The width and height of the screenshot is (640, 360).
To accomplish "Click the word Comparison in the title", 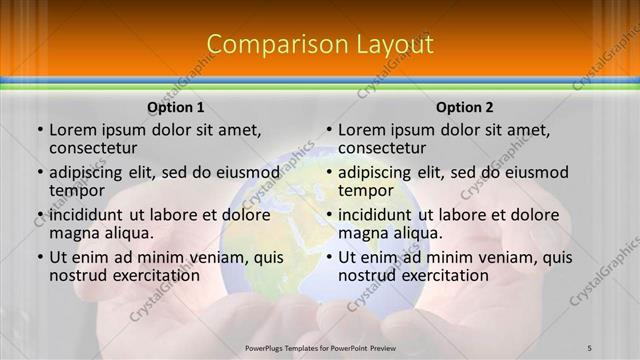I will tap(269, 45).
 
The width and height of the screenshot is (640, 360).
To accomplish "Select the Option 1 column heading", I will tap(176, 107).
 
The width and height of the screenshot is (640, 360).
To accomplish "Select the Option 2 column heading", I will tap(465, 107).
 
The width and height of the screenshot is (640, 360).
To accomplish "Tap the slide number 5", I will tap(590, 348).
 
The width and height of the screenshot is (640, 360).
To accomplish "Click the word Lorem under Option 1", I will tap(73, 129).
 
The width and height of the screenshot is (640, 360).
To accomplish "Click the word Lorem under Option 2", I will tap(362, 129).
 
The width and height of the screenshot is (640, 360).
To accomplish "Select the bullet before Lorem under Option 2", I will tap(328, 130).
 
